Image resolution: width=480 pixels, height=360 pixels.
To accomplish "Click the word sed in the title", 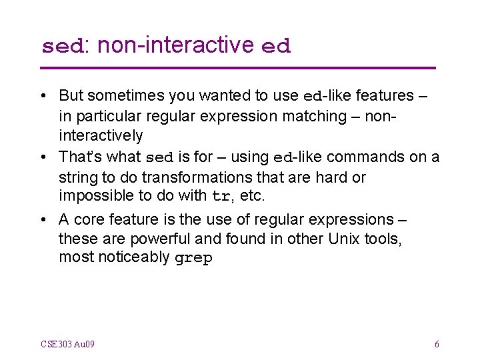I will tap(62, 47).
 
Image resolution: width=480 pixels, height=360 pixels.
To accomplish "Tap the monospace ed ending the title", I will tap(276, 47).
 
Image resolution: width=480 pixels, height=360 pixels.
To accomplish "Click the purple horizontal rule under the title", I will tap(238, 68).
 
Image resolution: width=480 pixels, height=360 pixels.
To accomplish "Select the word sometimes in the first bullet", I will tap(120, 95).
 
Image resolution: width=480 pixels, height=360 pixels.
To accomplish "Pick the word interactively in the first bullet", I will tap(101, 136).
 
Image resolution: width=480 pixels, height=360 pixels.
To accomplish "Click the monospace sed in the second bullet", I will tap(159, 158).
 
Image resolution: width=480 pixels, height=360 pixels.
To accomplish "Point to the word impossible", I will tap(94, 196).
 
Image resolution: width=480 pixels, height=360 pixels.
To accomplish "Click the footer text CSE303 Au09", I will tap(67, 344).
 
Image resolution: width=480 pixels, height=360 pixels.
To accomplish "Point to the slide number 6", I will tap(437, 344).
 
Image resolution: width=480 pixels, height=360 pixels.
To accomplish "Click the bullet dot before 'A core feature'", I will tap(44, 220).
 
